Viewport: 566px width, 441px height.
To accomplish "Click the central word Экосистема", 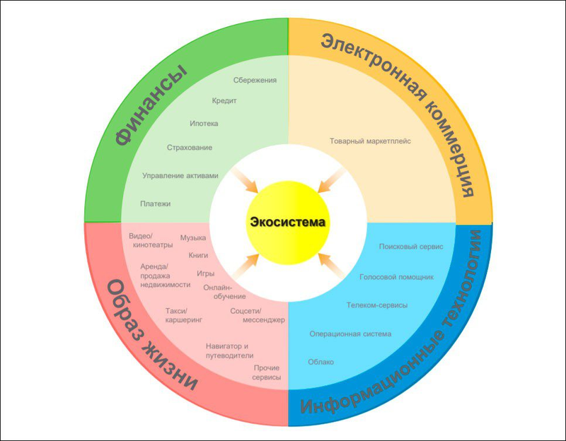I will pyautogui.click(x=287, y=222).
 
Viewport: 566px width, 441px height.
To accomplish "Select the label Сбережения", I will pyautogui.click(x=255, y=80).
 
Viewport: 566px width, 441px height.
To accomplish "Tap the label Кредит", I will pyautogui.click(x=224, y=101).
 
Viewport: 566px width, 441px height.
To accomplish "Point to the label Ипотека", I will pyautogui.click(x=204, y=124).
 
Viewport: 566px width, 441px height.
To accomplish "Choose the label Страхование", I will pyautogui.click(x=190, y=148).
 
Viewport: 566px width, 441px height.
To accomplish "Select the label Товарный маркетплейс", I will pyautogui.click(x=370, y=141).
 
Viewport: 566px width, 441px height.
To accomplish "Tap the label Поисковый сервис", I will pyautogui.click(x=411, y=248).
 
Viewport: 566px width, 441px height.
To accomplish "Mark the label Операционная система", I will pyautogui.click(x=350, y=334).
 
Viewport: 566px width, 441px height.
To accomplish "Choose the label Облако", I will pyautogui.click(x=321, y=362).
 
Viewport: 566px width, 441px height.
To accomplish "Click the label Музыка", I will pyautogui.click(x=193, y=238).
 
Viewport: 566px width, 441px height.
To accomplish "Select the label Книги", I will pyautogui.click(x=198, y=254).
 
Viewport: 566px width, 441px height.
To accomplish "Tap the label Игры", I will pyautogui.click(x=205, y=272).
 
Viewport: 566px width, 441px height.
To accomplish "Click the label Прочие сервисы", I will pyautogui.click(x=267, y=372).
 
